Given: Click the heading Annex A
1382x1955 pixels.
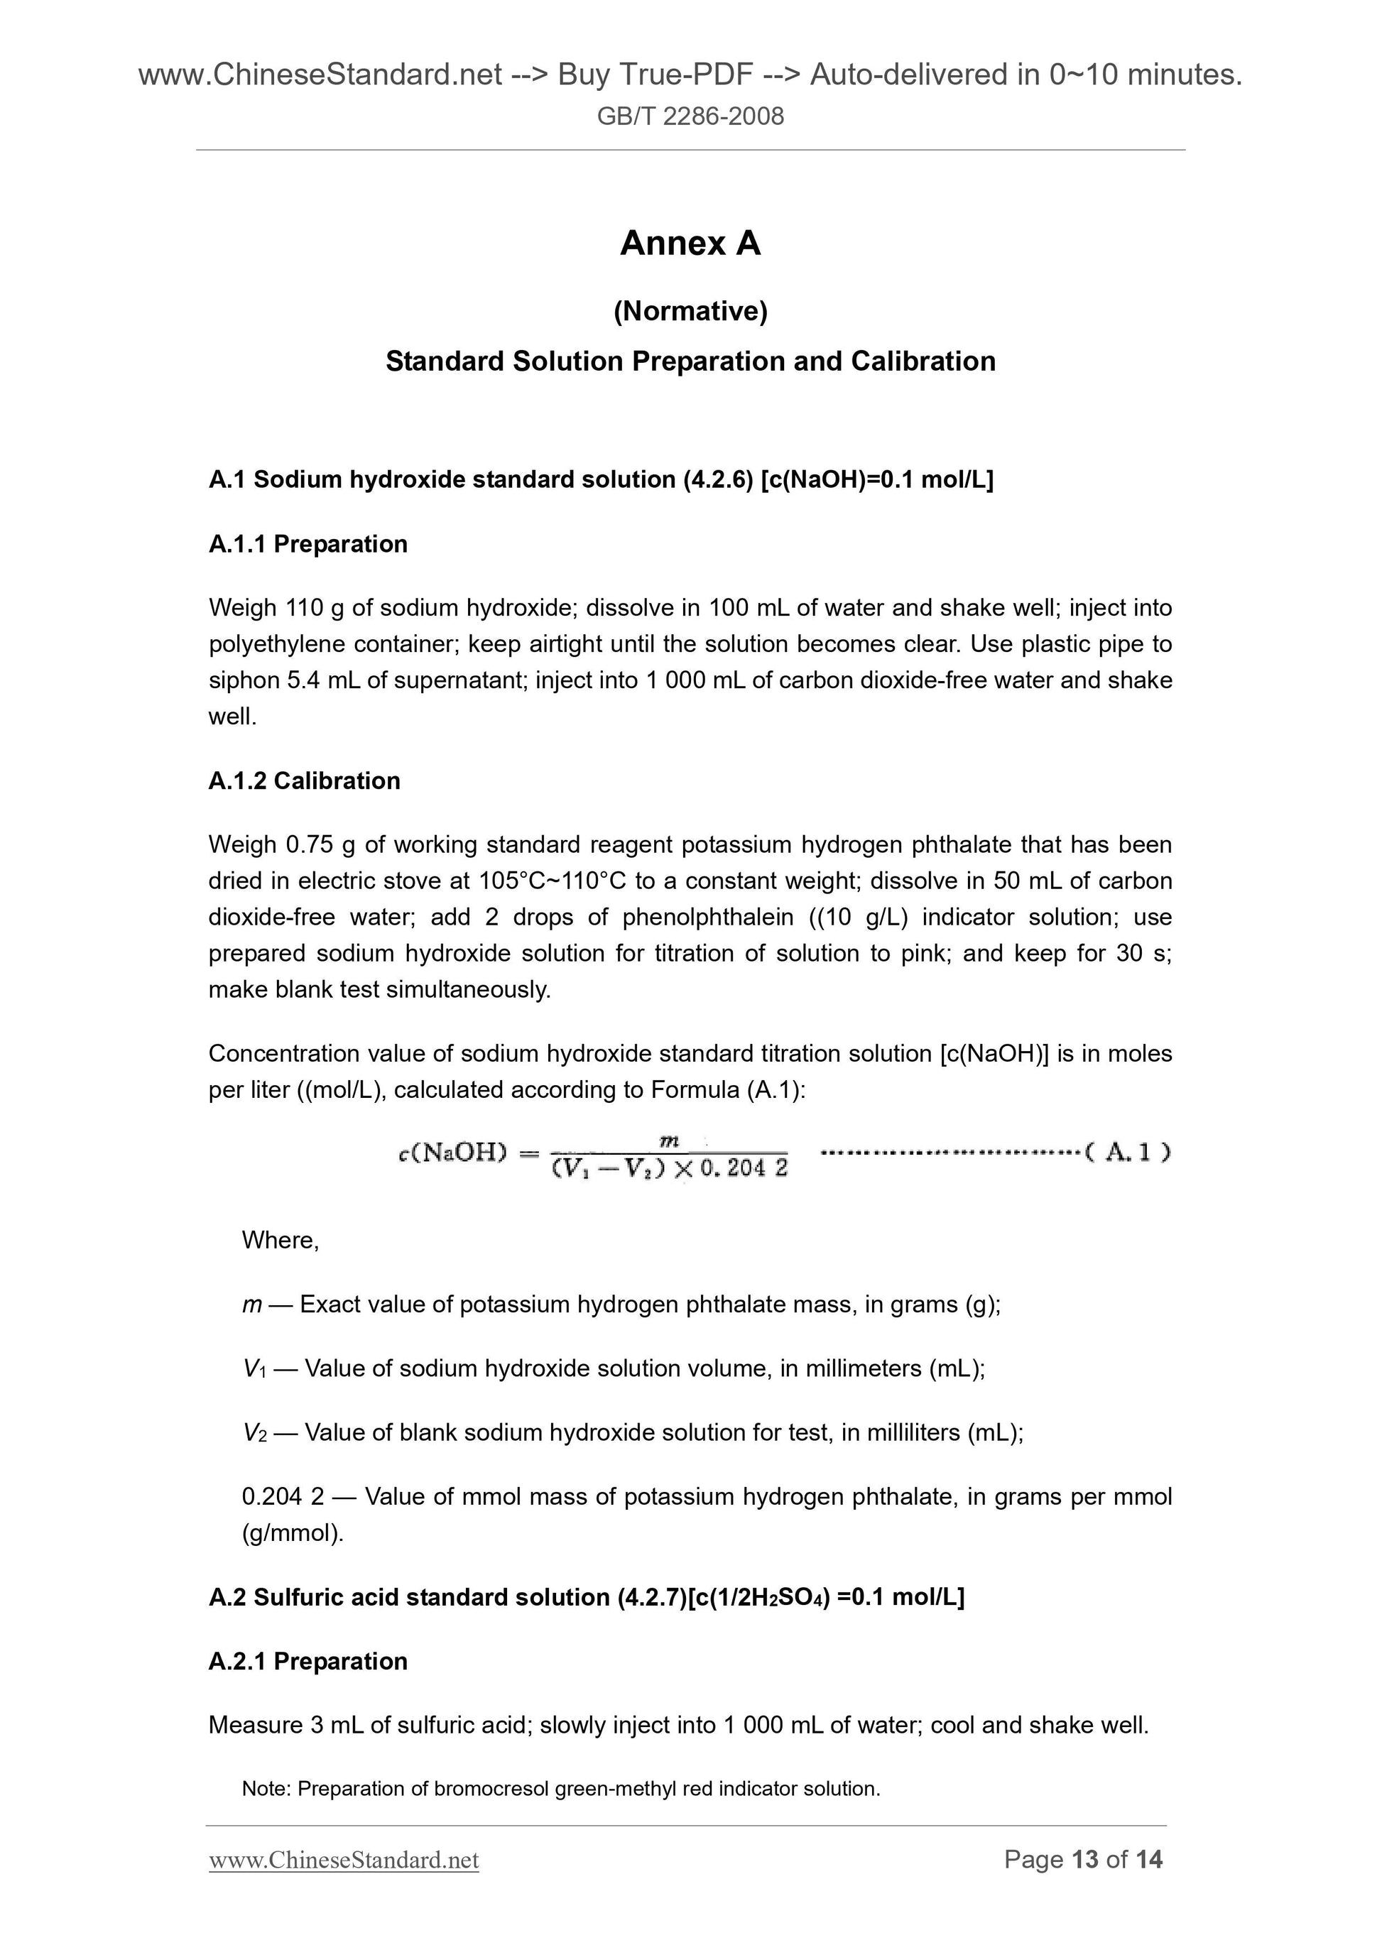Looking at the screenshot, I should click(690, 244).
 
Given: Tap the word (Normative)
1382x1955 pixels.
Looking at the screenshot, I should click(690, 312).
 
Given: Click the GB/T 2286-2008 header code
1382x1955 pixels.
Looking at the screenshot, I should click(690, 116).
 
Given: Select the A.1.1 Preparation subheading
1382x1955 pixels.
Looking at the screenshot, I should click(308, 544).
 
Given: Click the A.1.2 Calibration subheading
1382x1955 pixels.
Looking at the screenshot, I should click(304, 781).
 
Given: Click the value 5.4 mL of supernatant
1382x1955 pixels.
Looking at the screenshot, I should click(324, 680).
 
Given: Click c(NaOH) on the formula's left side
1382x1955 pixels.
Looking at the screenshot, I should click(452, 1154).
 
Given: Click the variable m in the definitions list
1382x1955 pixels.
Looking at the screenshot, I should click(251, 1305).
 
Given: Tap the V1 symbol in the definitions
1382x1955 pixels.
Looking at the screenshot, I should click(254, 1369).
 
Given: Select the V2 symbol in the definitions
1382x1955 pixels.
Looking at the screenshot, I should click(254, 1433).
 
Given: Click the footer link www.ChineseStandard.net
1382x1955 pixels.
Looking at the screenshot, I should click(344, 1860).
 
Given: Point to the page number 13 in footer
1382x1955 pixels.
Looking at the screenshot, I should click(1085, 1859).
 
